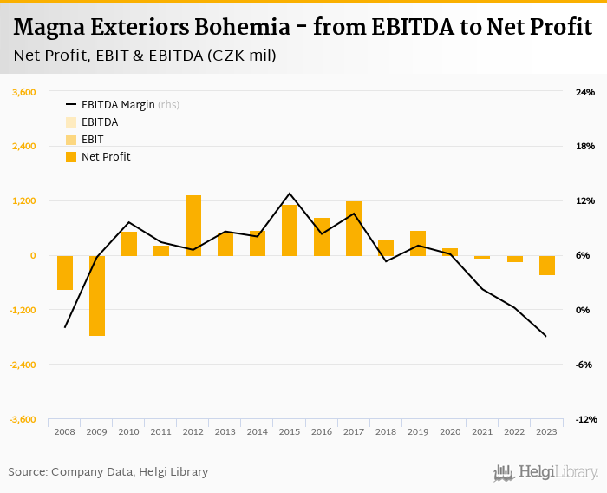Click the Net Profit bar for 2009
[97, 295]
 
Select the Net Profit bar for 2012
[193, 226]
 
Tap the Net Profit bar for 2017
[354, 228]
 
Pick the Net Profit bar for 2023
[546, 265]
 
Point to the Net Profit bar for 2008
[65, 273]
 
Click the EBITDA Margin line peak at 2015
[290, 194]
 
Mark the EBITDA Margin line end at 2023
[546, 336]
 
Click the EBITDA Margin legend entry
[118, 105]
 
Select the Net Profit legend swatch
[71, 157]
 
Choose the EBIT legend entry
[93, 140]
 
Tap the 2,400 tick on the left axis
[23, 147]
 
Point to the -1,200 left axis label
[23, 310]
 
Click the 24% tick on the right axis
[585, 92]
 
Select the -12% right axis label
[585, 419]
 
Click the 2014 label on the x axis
[258, 431]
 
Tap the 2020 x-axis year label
[450, 431]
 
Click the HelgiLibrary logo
[546, 472]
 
